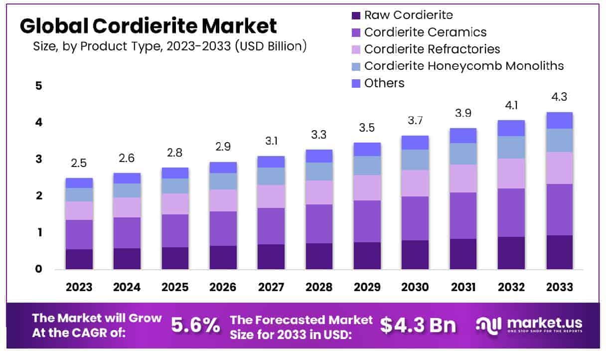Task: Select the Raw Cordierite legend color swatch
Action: [356, 15]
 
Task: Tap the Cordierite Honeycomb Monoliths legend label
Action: [464, 66]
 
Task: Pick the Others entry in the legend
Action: [384, 83]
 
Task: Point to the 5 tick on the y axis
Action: [39, 86]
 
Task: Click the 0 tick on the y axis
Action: [39, 269]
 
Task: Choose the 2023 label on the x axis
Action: [79, 287]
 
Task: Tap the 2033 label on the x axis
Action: [559, 287]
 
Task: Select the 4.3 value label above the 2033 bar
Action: [559, 97]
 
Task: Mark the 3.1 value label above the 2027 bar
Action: [271, 142]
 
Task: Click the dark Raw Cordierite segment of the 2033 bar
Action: [559, 252]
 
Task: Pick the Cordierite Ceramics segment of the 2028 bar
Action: [319, 224]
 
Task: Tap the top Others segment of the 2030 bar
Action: [415, 143]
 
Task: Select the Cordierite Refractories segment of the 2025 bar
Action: [175, 204]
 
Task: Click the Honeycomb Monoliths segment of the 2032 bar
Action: [511, 147]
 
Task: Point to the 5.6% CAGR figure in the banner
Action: [195, 326]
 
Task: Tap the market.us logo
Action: [528, 325]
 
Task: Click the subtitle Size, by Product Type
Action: [169, 47]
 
